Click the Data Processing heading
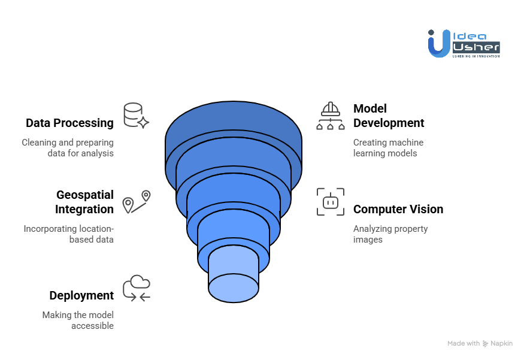coord(69,123)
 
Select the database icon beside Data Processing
coord(135,116)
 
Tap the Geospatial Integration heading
coord(84,202)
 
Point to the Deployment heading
coord(81,295)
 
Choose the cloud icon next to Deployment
coord(137,288)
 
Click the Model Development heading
coord(388,116)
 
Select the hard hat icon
coord(331,116)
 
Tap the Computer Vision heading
coord(398,209)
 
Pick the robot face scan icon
coord(331,202)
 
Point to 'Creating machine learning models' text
coord(388,148)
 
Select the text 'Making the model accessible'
coord(78,320)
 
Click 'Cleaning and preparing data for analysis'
coord(68,148)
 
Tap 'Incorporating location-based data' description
coord(68,234)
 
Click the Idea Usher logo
coord(464,43)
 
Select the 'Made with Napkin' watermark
coord(480,343)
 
